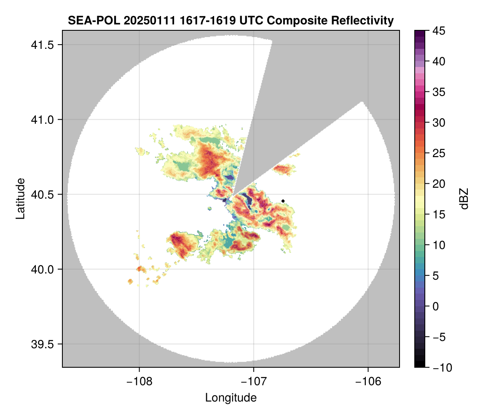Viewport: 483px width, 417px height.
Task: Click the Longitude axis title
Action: [231, 397]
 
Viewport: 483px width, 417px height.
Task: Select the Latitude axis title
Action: [20, 198]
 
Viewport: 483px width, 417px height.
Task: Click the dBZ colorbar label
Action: [464, 198]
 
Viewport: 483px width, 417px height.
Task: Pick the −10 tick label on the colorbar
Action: [440, 368]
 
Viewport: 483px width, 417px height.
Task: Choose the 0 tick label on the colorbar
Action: [436, 306]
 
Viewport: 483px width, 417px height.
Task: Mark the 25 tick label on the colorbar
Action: [438, 153]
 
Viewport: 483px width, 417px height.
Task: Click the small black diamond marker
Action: [283, 201]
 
